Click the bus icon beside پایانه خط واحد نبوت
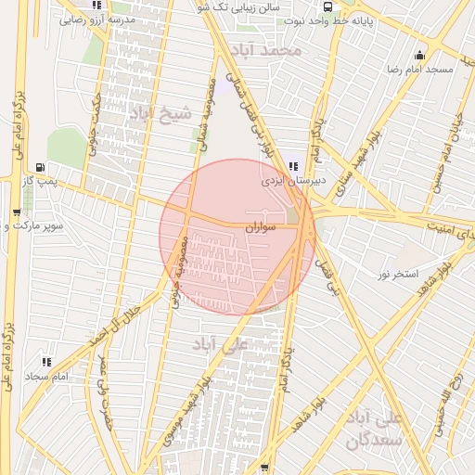tap(330, 6)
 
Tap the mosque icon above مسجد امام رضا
tap(420, 54)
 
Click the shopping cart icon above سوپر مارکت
tap(17, 212)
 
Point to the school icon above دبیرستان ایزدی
tap(293, 167)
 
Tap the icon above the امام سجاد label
tap(45, 362)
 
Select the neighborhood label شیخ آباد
tap(160, 113)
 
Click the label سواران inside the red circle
tap(263, 226)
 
